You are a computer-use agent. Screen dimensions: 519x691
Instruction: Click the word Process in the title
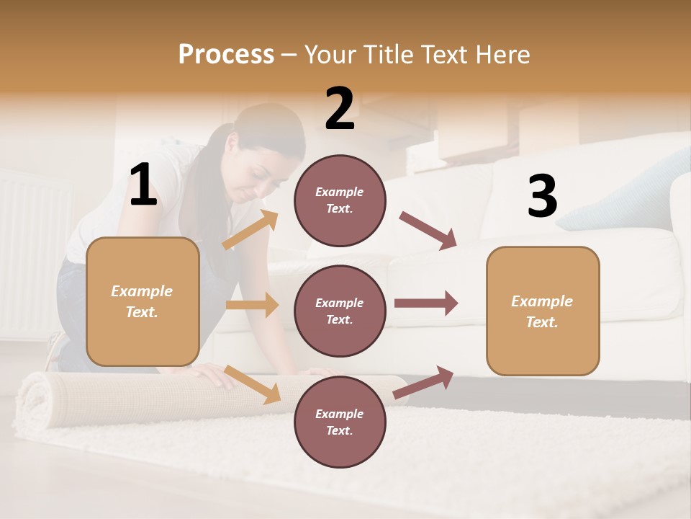(226, 54)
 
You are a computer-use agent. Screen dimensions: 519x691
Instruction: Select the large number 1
(143, 185)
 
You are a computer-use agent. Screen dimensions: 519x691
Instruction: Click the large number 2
(340, 109)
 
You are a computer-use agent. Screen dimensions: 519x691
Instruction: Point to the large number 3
(542, 196)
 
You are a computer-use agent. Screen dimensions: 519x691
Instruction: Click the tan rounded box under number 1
(143, 301)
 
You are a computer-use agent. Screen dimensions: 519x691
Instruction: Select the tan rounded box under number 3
(543, 311)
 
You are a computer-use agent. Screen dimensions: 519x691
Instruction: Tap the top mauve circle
(340, 200)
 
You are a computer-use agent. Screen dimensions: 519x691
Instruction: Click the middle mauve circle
(340, 311)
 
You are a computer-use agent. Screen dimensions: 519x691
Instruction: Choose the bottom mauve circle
(340, 422)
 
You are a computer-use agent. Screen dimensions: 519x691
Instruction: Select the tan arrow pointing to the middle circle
(252, 305)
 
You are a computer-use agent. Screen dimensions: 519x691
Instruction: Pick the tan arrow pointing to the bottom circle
(252, 384)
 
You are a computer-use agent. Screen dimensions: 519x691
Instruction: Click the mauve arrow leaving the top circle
(428, 231)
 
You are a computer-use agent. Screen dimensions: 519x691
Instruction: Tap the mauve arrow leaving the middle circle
(426, 303)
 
